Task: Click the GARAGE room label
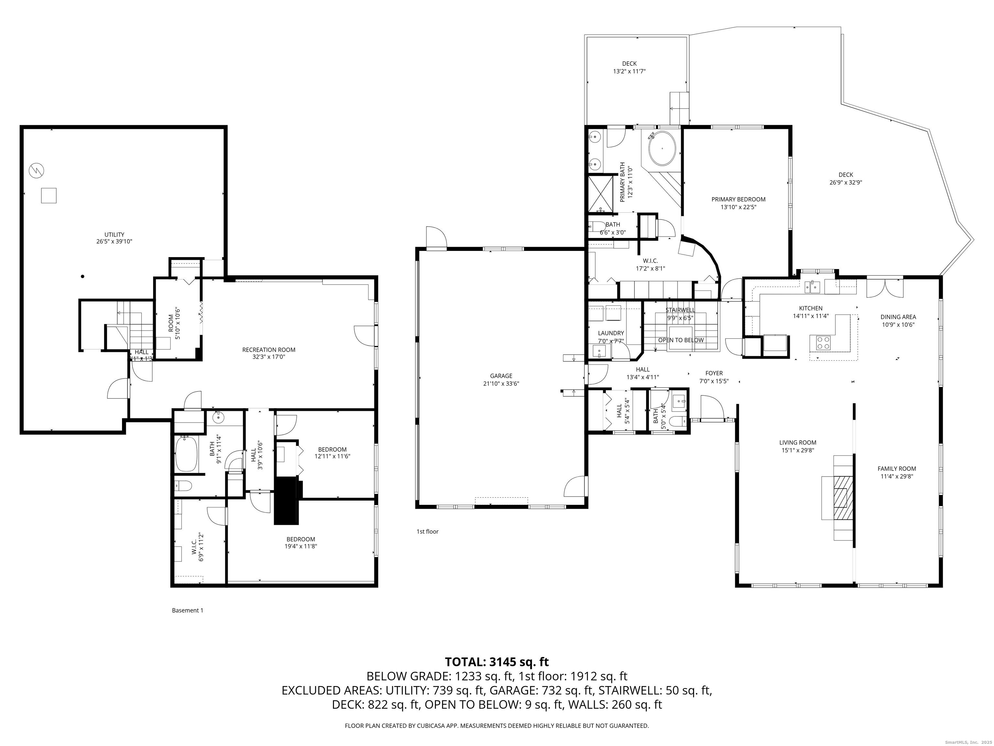pyautogui.click(x=501, y=376)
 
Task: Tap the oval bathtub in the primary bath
pyautogui.click(x=661, y=148)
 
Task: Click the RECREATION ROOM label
pyautogui.click(x=269, y=349)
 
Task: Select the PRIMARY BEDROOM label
pyautogui.click(x=738, y=199)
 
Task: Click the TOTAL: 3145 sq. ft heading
pyautogui.click(x=497, y=662)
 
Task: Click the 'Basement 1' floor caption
pyautogui.click(x=187, y=610)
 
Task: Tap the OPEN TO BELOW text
pyautogui.click(x=681, y=340)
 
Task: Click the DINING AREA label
pyautogui.click(x=898, y=317)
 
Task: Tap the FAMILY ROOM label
pyautogui.click(x=898, y=469)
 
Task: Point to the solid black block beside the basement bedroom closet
pyautogui.click(x=287, y=501)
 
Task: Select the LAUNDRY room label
pyautogui.click(x=611, y=333)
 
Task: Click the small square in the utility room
pyautogui.click(x=49, y=196)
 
